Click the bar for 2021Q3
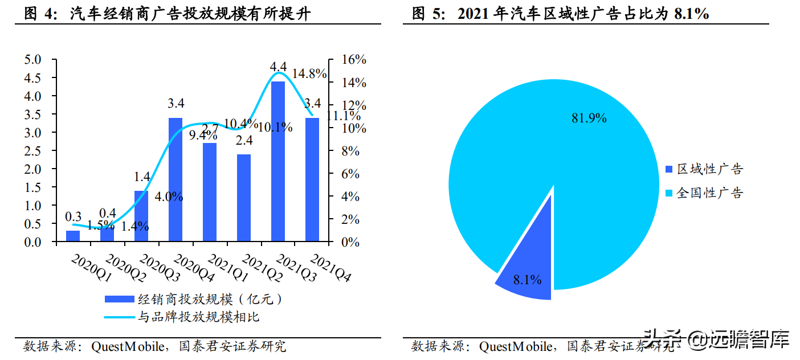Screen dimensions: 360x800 [277, 162]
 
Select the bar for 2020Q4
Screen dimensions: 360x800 [175, 179]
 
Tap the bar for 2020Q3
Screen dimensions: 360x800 [141, 216]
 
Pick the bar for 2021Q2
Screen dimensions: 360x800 [244, 198]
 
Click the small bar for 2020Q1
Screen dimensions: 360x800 [73, 236]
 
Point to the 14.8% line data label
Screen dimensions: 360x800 [309, 73]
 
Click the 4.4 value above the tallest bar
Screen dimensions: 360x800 [277, 67]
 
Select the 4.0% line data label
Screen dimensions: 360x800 [169, 197]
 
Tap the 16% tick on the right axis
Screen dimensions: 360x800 [353, 60]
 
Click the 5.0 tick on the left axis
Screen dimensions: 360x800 [33, 60]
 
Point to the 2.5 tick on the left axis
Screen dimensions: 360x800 [33, 151]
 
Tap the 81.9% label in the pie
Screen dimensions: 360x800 [589, 118]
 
